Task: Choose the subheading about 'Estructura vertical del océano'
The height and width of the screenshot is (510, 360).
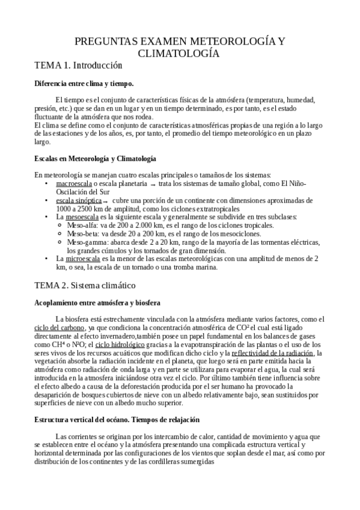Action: point(117,419)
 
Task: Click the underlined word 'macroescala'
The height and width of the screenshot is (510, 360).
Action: point(74,183)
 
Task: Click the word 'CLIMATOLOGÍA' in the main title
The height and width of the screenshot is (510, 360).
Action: point(179,54)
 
